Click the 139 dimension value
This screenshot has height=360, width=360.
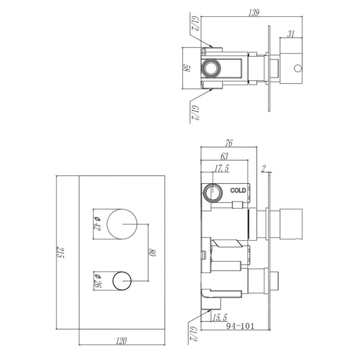pos(253,13)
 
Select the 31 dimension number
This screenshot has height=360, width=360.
pos(291,33)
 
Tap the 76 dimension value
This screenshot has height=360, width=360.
pos(228,144)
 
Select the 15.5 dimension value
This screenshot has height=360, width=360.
pos(219,317)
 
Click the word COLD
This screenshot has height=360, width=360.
pos(238,190)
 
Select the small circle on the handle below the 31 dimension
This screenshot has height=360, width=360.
pos(297,68)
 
